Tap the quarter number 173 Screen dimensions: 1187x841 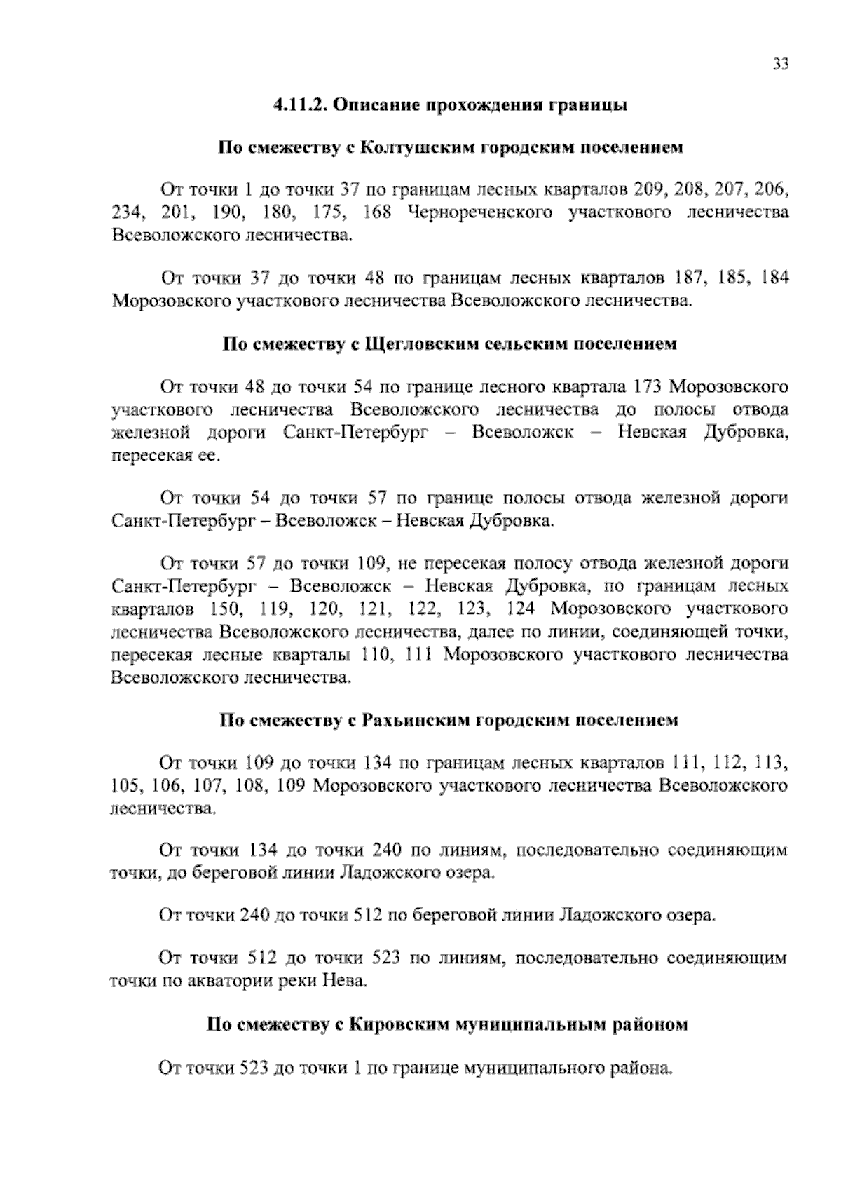click(646, 386)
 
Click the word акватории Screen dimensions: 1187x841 click(222, 981)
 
